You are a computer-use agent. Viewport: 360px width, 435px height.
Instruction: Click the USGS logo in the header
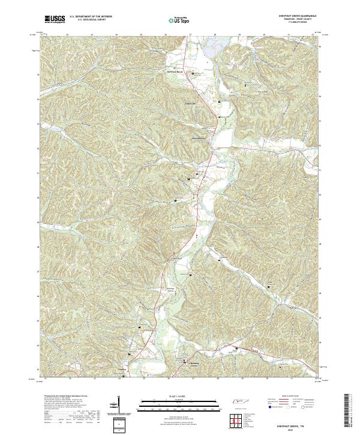[x=55, y=20]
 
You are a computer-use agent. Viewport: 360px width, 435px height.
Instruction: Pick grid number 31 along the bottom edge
[x=290, y=379]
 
